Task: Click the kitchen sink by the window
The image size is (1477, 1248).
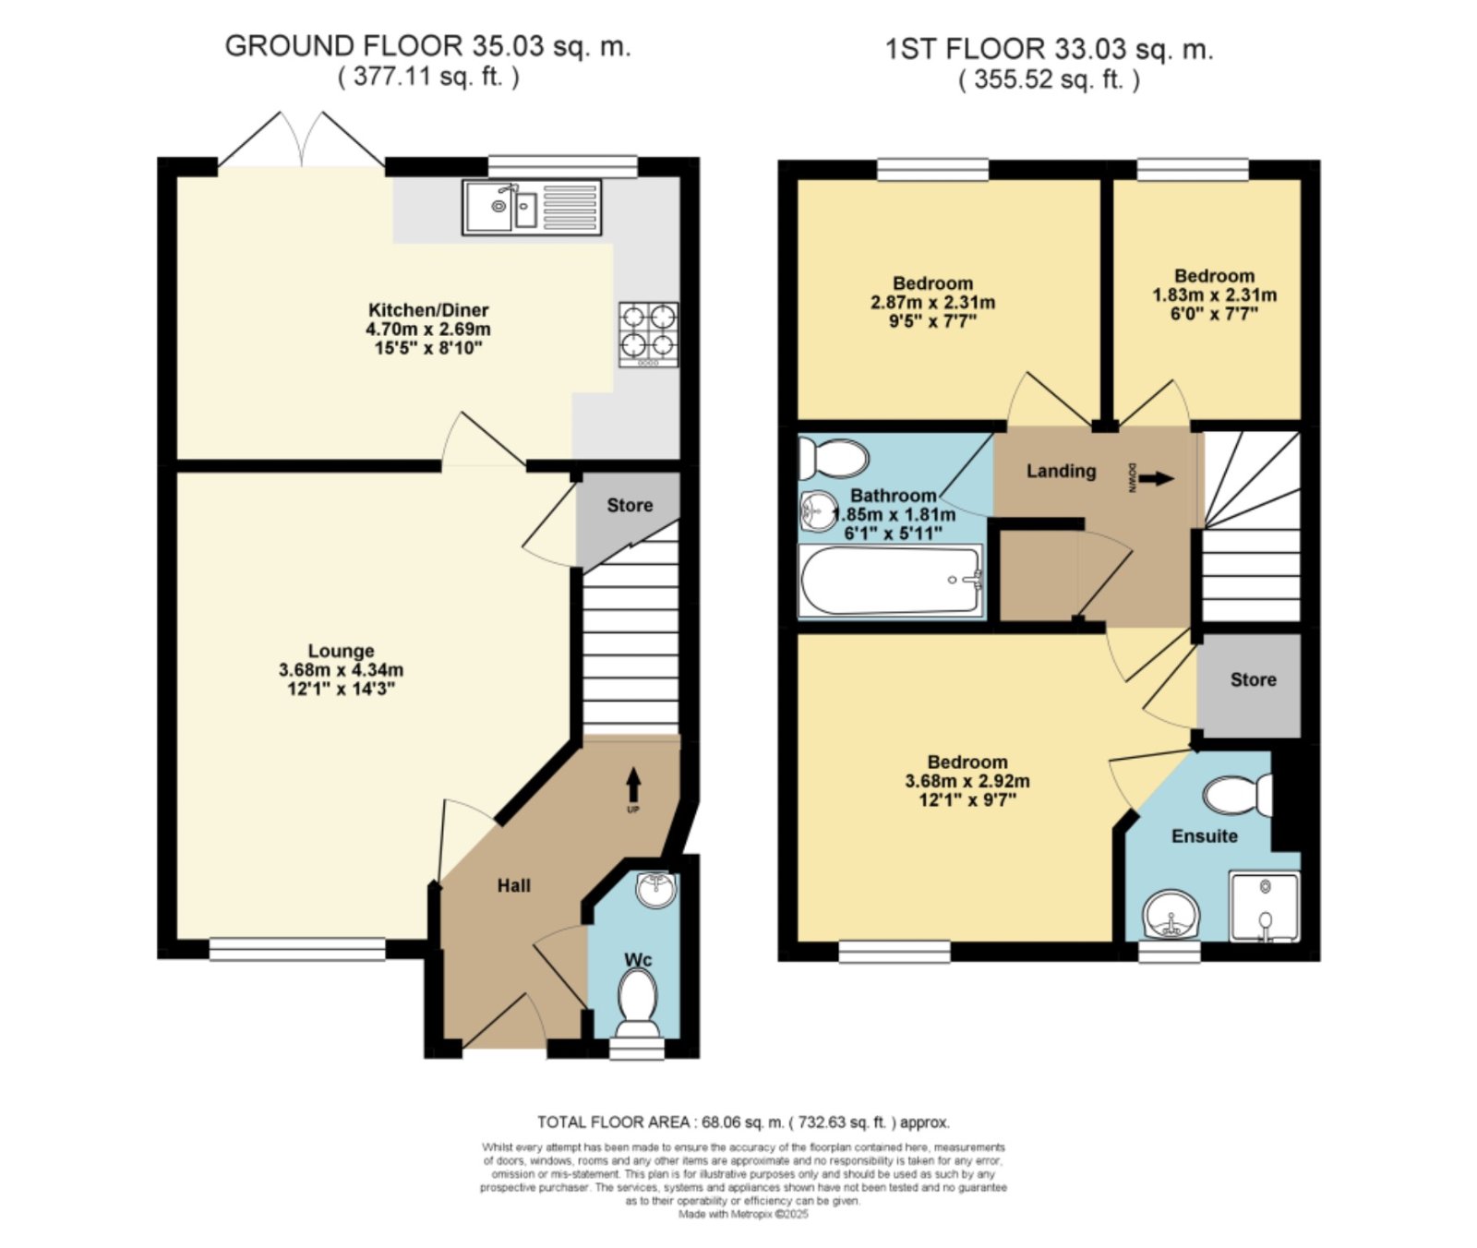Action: pyautogui.click(x=533, y=207)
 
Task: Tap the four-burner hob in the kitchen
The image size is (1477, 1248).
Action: pyautogui.click(x=649, y=334)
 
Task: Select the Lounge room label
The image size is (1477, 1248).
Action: pyautogui.click(x=341, y=651)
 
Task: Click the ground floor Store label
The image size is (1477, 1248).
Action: pyautogui.click(x=630, y=505)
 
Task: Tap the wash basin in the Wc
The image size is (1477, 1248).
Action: pyautogui.click(x=656, y=890)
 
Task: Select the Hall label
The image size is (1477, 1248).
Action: pyautogui.click(x=514, y=886)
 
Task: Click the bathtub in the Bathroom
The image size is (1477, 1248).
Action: pyautogui.click(x=892, y=580)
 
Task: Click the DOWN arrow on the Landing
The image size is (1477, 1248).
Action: pyautogui.click(x=1157, y=478)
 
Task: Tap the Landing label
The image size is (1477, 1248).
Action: pyautogui.click(x=1062, y=471)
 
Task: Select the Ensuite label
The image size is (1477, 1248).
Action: pyautogui.click(x=1205, y=836)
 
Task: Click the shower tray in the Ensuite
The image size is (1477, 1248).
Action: pyautogui.click(x=1264, y=906)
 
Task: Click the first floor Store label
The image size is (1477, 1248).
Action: pyautogui.click(x=1254, y=680)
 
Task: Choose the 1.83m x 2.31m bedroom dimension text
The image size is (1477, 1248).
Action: pyautogui.click(x=1215, y=295)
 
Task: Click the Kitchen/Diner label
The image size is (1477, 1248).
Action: pyautogui.click(x=428, y=310)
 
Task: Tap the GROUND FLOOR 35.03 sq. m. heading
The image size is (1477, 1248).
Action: pyautogui.click(x=427, y=46)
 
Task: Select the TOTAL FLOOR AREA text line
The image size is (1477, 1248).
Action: pyautogui.click(x=743, y=1122)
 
